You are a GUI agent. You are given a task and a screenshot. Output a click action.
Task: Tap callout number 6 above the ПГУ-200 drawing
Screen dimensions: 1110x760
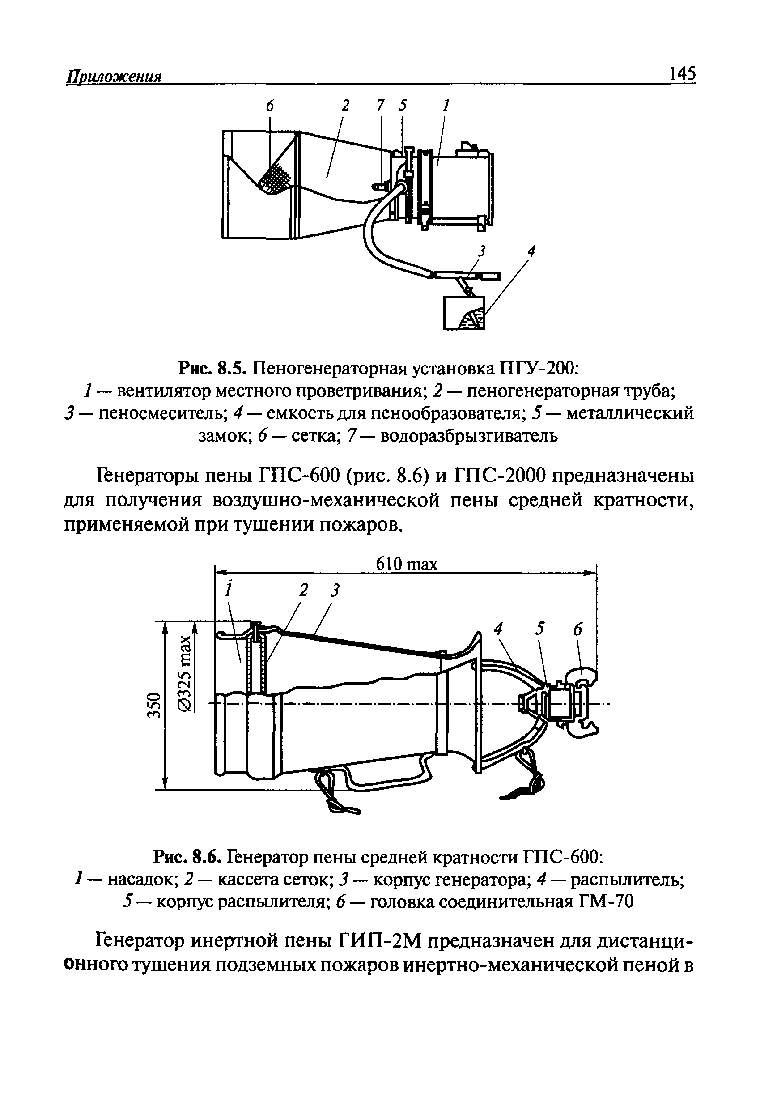tap(270, 106)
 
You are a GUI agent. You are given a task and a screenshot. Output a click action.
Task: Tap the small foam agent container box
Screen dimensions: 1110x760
tap(463, 313)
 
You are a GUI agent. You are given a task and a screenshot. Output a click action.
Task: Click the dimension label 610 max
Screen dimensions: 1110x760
tap(407, 565)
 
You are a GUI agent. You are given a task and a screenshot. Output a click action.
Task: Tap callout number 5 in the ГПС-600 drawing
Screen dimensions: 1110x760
tap(540, 629)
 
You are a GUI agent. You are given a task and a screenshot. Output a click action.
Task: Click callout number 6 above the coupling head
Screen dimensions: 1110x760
tap(578, 630)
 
